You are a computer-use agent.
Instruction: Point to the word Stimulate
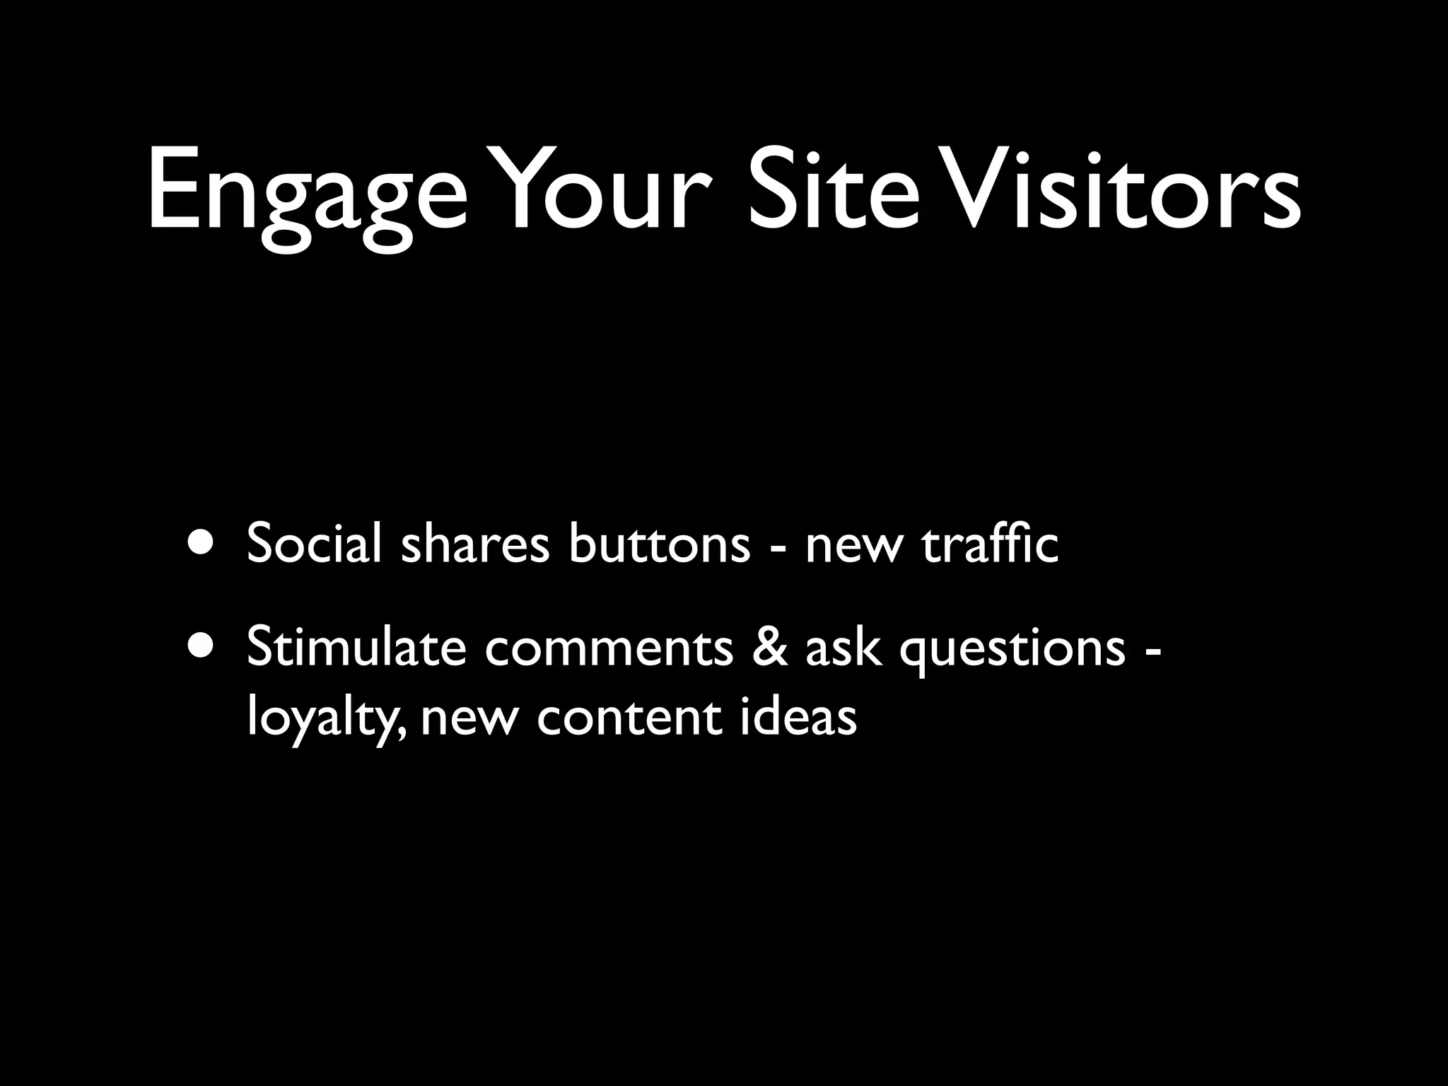[356, 646]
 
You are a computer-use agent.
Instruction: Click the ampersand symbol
[770, 646]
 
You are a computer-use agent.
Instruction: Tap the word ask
[843, 646]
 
